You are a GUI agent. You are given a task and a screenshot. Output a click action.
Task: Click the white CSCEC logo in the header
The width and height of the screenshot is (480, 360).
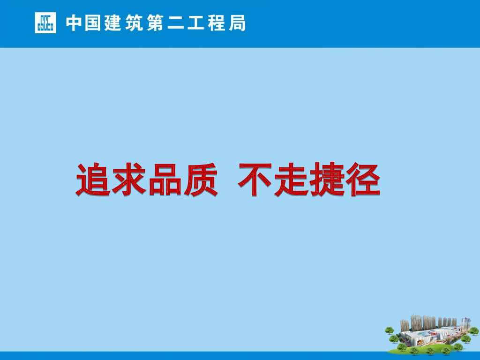(45, 22)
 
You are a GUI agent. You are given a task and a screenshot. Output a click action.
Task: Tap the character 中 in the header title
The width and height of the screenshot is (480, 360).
(74, 23)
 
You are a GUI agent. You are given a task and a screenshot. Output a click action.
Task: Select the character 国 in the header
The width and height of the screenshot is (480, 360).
(94, 23)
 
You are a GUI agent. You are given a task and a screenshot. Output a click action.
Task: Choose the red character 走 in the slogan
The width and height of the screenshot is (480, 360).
(291, 180)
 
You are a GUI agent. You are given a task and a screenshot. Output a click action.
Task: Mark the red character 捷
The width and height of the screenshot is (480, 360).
(326, 180)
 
